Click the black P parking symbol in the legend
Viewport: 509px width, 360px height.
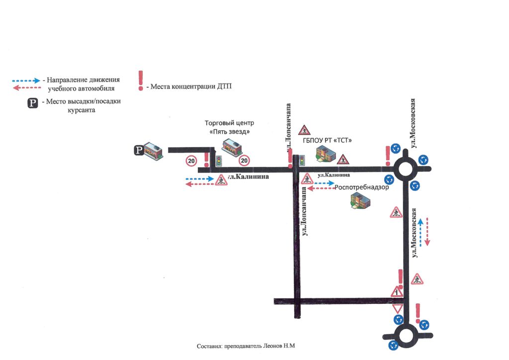coord(32,103)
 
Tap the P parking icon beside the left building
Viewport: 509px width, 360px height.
coord(139,150)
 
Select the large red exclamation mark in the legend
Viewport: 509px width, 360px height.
coord(141,81)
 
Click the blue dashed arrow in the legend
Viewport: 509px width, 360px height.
coord(26,81)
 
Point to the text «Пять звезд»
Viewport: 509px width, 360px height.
coord(230,132)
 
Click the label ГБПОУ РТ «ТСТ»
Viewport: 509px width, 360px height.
coord(327,140)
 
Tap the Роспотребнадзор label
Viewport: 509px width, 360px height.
coord(362,187)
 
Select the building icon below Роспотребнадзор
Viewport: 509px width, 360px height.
coord(360,200)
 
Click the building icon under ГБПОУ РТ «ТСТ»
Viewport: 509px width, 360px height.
coord(326,154)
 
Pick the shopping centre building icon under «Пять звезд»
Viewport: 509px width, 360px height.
coord(232,147)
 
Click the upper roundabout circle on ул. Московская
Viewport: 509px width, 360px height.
coord(405,169)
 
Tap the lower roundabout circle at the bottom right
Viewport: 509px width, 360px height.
coord(406,336)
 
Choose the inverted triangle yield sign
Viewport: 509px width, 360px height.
coord(398,308)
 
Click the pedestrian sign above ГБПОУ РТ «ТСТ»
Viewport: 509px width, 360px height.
coord(304,130)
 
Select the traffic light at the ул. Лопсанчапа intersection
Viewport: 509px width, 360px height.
coord(302,161)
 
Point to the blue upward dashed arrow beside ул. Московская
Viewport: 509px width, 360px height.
coord(421,232)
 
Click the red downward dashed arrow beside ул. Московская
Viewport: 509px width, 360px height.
coord(427,232)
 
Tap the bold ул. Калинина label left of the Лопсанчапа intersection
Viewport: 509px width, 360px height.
coord(249,177)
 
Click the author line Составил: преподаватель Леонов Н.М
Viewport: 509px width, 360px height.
coord(246,346)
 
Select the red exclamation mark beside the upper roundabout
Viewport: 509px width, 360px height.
coord(388,156)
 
